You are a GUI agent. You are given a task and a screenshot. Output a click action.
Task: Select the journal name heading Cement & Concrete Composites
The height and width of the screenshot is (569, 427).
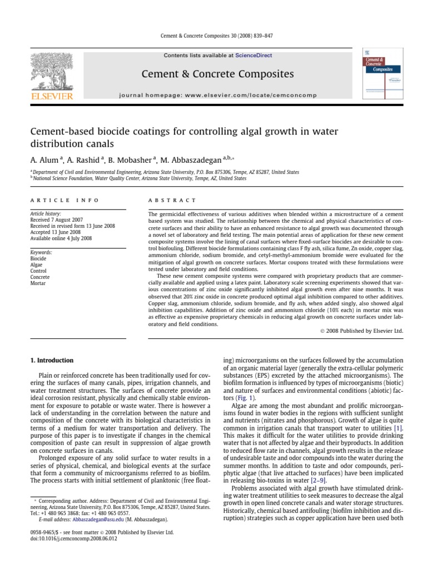tap(217, 74)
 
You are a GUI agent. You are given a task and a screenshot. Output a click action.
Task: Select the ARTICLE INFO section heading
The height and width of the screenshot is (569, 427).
tap(64, 200)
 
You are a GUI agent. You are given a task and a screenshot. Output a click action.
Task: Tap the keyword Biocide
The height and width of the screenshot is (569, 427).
tap(38, 258)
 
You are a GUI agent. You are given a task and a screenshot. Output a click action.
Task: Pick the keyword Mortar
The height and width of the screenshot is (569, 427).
tap(38, 283)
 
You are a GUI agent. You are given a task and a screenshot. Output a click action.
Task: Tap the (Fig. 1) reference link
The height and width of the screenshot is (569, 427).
tap(245, 398)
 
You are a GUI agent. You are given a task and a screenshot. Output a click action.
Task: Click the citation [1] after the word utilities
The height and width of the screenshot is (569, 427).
tap(398, 430)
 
